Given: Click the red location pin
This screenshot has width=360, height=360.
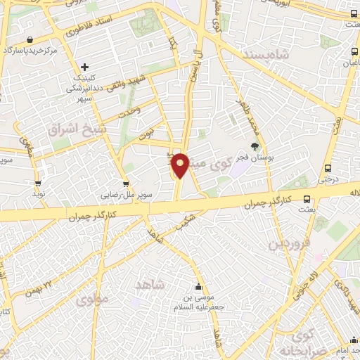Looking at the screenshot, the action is pos(181,165).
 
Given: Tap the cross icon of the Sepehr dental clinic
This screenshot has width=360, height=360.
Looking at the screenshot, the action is pos(85,66).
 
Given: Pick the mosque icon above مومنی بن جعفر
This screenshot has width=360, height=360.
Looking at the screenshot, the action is pos(199,287).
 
